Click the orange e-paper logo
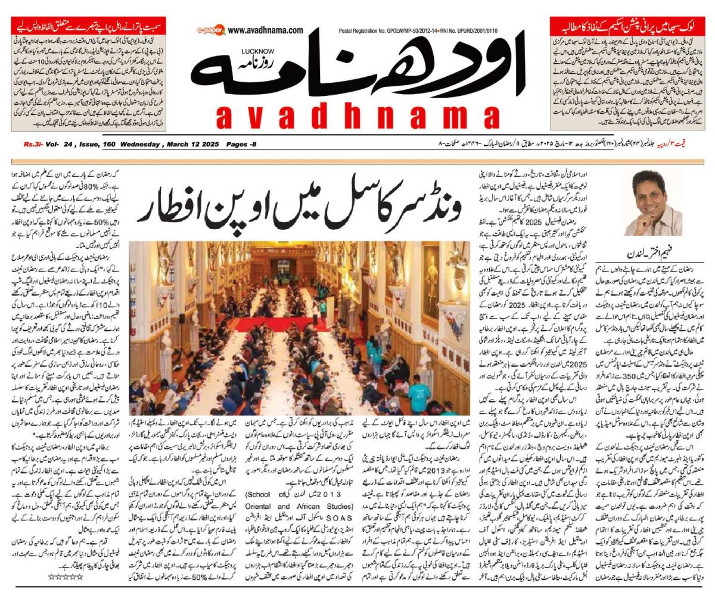click(x=210, y=29)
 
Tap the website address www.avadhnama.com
click(x=265, y=29)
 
